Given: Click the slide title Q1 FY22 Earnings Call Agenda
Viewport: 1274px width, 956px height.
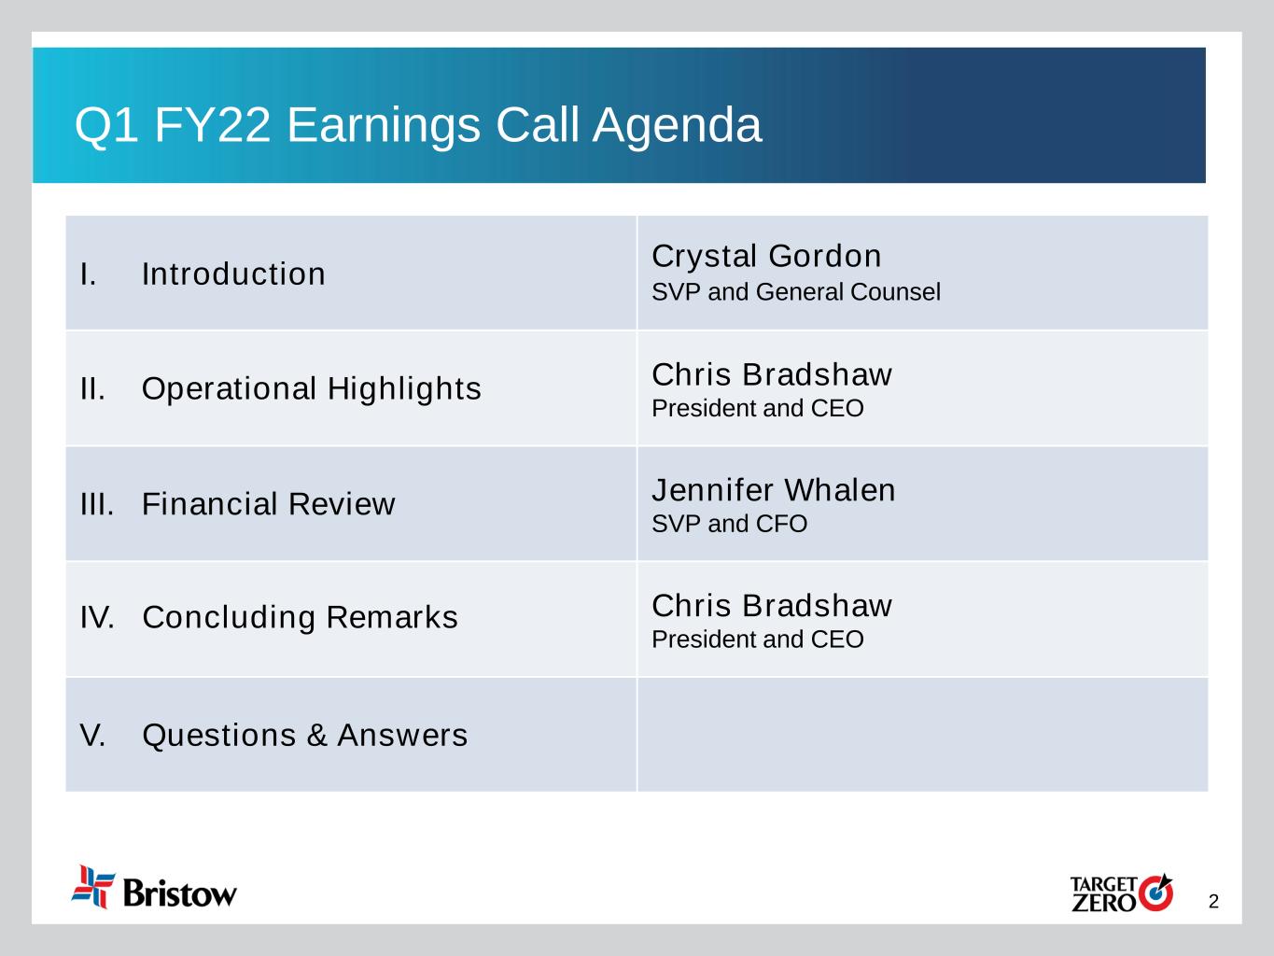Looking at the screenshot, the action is (418, 125).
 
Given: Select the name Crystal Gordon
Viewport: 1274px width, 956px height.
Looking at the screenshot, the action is (766, 256).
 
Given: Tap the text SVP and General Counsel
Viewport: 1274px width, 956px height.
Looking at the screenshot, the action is (796, 292).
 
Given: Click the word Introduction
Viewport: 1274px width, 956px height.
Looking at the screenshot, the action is (233, 274).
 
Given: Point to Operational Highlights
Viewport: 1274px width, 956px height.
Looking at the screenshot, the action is (312, 389).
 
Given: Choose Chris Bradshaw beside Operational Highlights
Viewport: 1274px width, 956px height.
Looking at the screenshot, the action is (772, 374).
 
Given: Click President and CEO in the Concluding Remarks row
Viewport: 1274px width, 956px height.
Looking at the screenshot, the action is (758, 640).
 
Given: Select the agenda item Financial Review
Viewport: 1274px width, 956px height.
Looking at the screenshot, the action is (268, 504).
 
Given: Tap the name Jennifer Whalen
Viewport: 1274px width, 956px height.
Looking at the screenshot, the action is (774, 490).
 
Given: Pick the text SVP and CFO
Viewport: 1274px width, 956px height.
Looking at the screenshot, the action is (729, 524).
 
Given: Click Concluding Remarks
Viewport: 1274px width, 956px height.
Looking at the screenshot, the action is (301, 618).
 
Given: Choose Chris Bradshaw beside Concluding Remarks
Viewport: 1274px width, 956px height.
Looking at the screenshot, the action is (772, 605).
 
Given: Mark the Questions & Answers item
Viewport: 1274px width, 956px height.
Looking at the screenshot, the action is (304, 736).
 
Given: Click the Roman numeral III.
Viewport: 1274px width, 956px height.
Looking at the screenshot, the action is (97, 504).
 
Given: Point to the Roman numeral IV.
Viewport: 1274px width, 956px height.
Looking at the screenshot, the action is (97, 617).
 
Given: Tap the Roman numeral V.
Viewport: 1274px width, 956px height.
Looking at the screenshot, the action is (92, 736).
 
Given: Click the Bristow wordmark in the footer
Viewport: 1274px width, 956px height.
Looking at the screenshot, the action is (180, 893).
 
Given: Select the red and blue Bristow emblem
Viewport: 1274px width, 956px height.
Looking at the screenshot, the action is (92, 887).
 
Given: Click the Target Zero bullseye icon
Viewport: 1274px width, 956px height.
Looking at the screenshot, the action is (1155, 893).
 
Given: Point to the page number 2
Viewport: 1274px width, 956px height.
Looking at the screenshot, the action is (1213, 902).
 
